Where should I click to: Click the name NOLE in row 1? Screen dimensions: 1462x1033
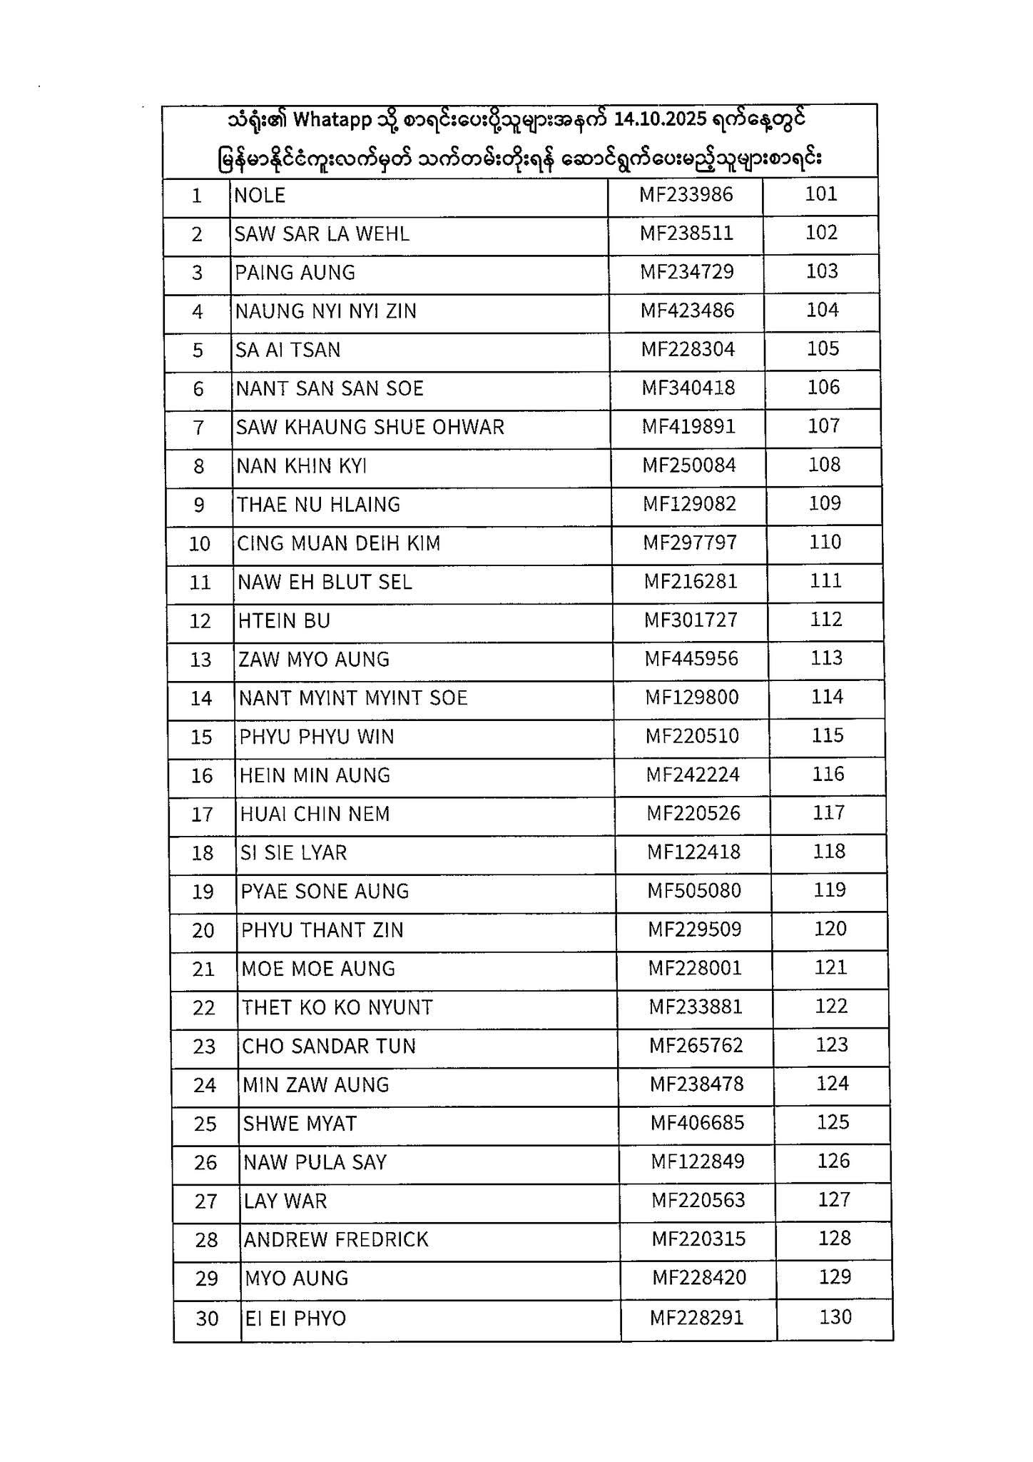[x=260, y=196]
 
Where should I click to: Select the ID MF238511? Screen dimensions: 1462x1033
[x=686, y=233]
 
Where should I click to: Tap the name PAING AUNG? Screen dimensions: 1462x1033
[x=295, y=273]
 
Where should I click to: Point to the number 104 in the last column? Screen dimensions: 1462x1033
[x=822, y=310]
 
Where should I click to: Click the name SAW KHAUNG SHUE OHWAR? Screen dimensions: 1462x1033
[x=370, y=428]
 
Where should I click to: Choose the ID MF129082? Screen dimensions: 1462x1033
[x=690, y=504]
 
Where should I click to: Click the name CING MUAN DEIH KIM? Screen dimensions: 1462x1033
[x=339, y=543]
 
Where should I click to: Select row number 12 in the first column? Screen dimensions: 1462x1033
[x=200, y=621]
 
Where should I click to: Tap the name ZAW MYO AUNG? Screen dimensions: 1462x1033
[x=314, y=660]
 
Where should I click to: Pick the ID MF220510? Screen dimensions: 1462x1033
[x=693, y=736]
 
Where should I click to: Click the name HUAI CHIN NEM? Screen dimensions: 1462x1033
[x=315, y=815]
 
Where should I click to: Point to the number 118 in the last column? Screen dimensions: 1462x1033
[x=829, y=852]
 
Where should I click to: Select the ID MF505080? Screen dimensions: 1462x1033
[x=694, y=891]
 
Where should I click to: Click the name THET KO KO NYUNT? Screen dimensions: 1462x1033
[x=337, y=1008]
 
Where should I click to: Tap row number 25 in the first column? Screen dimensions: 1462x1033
[x=205, y=1124]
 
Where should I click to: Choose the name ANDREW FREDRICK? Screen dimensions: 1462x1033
[x=336, y=1240]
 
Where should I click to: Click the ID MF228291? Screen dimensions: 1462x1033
[x=697, y=1318]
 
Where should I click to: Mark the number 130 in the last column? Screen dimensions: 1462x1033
[x=835, y=1317]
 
